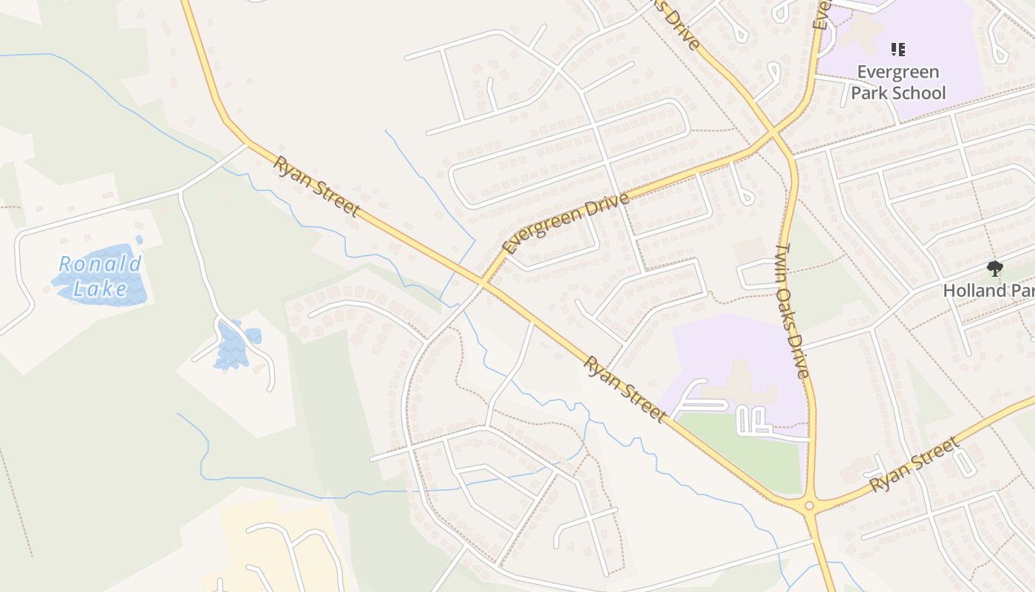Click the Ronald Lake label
pyautogui.click(x=101, y=276)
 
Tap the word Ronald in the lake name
pyautogui.click(x=101, y=264)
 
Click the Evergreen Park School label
pyautogui.click(x=897, y=82)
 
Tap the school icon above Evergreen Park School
pyautogui.click(x=897, y=50)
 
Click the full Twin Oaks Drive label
pyautogui.click(x=793, y=311)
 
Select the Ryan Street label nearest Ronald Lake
pyautogui.click(x=316, y=186)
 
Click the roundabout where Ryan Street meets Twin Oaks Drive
pyautogui.click(x=810, y=506)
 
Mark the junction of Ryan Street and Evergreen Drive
pyautogui.click(x=482, y=282)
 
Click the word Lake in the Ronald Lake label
pyautogui.click(x=101, y=289)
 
